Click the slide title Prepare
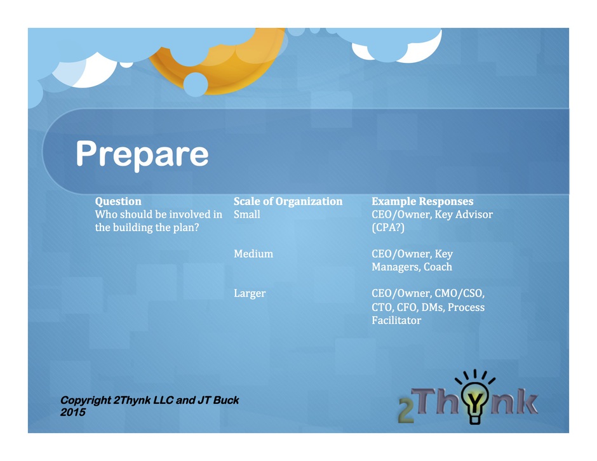pyautogui.click(x=142, y=154)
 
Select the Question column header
pyautogui.click(x=118, y=201)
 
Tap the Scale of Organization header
pyautogui.click(x=288, y=201)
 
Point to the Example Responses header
pyautogui.click(x=422, y=201)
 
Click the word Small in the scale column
pyautogui.click(x=246, y=215)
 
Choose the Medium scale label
pyautogui.click(x=253, y=254)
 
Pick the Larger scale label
pyautogui.click(x=250, y=293)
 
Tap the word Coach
pyautogui.click(x=438, y=267)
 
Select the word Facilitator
pyautogui.click(x=396, y=321)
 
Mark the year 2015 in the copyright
pyautogui.click(x=73, y=412)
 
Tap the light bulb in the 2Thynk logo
pyautogui.click(x=474, y=398)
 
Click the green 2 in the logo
pyautogui.click(x=406, y=411)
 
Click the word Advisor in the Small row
pyautogui.click(x=474, y=215)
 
